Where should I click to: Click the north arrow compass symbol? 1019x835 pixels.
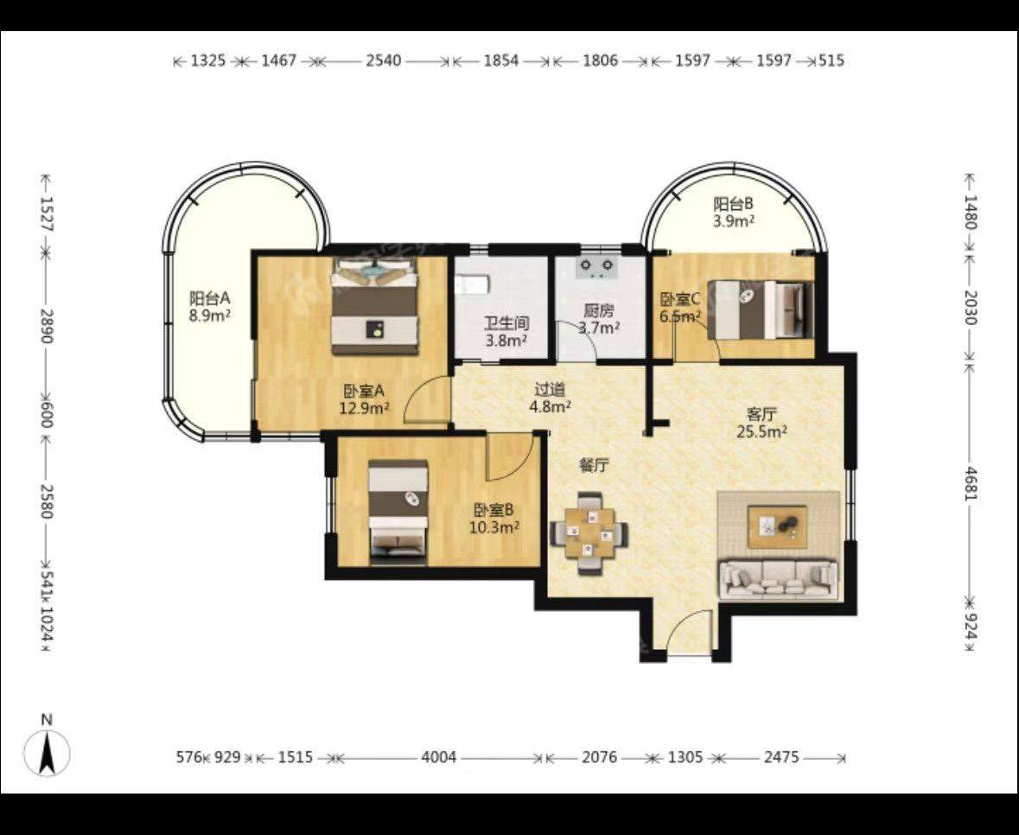47,753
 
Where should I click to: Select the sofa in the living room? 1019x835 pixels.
778,577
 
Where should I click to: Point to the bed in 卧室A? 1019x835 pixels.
374,305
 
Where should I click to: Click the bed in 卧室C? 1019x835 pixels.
761,309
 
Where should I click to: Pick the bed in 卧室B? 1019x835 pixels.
398,510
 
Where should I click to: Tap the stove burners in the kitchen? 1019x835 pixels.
597,267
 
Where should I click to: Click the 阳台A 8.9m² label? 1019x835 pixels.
210,307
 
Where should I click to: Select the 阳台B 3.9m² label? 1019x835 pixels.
734,212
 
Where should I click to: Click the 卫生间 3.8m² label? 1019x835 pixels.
506,331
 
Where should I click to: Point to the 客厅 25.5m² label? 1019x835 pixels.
761,423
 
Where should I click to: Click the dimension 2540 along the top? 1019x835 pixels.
384,61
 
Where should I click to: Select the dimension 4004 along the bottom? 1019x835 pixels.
439,757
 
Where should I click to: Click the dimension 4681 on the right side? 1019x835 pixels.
969,483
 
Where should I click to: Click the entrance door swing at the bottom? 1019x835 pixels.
691,633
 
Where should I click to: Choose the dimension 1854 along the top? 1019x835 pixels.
501,61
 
